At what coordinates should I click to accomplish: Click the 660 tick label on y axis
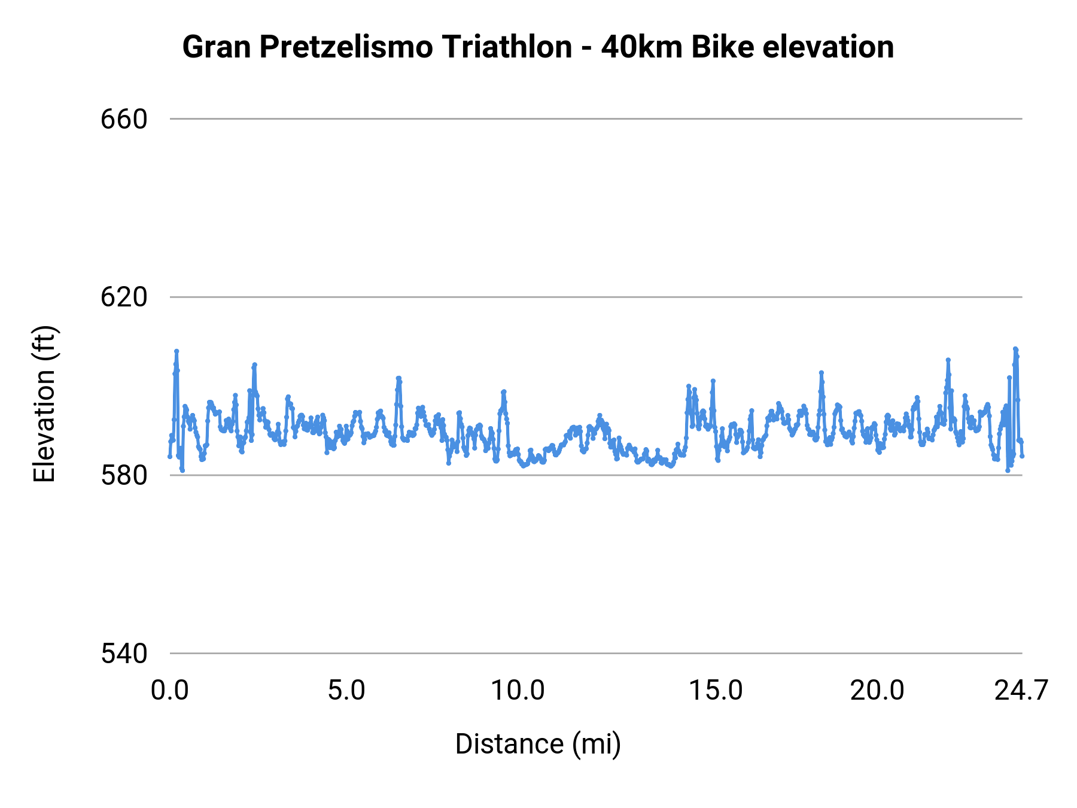click(x=123, y=119)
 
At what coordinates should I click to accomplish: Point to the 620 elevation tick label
click(x=123, y=297)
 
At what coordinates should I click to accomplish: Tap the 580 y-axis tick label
click(x=123, y=476)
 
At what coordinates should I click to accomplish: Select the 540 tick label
click(x=123, y=654)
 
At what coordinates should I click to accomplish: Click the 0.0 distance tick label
click(x=170, y=691)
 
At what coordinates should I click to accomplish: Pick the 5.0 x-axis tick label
click(x=346, y=691)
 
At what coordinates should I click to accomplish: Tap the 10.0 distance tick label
click(x=518, y=691)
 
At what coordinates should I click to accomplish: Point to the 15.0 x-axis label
click(x=716, y=691)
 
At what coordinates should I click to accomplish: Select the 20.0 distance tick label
click(x=877, y=691)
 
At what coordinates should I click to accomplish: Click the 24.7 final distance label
click(x=1021, y=691)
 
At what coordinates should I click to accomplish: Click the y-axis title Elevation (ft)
click(x=44, y=404)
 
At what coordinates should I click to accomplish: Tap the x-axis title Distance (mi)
click(x=538, y=744)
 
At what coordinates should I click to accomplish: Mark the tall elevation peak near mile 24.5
click(x=1015, y=350)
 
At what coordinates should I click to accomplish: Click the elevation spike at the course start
click(x=177, y=352)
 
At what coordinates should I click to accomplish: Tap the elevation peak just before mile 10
click(x=504, y=392)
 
